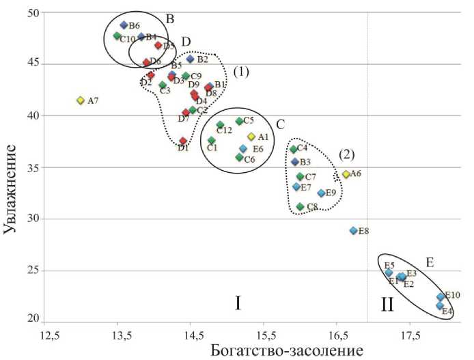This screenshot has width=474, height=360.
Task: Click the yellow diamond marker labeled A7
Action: [x=80, y=100]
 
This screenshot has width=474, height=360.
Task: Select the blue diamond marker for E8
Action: [x=353, y=231]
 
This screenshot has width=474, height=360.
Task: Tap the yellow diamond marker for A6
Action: [x=346, y=174]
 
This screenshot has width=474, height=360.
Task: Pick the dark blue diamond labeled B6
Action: [x=124, y=25]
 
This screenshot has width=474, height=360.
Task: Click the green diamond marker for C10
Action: [x=117, y=36]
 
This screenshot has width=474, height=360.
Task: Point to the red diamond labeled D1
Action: [x=183, y=141]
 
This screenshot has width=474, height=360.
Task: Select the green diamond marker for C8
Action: [x=300, y=206]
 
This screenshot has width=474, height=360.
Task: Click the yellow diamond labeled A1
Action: [x=251, y=137]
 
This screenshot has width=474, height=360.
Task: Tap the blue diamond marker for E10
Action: [x=441, y=297]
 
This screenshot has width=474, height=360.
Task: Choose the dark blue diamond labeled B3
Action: [x=295, y=162]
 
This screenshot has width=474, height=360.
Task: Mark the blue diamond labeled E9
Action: [x=321, y=193]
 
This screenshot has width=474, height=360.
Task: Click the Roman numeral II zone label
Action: [x=387, y=305]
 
